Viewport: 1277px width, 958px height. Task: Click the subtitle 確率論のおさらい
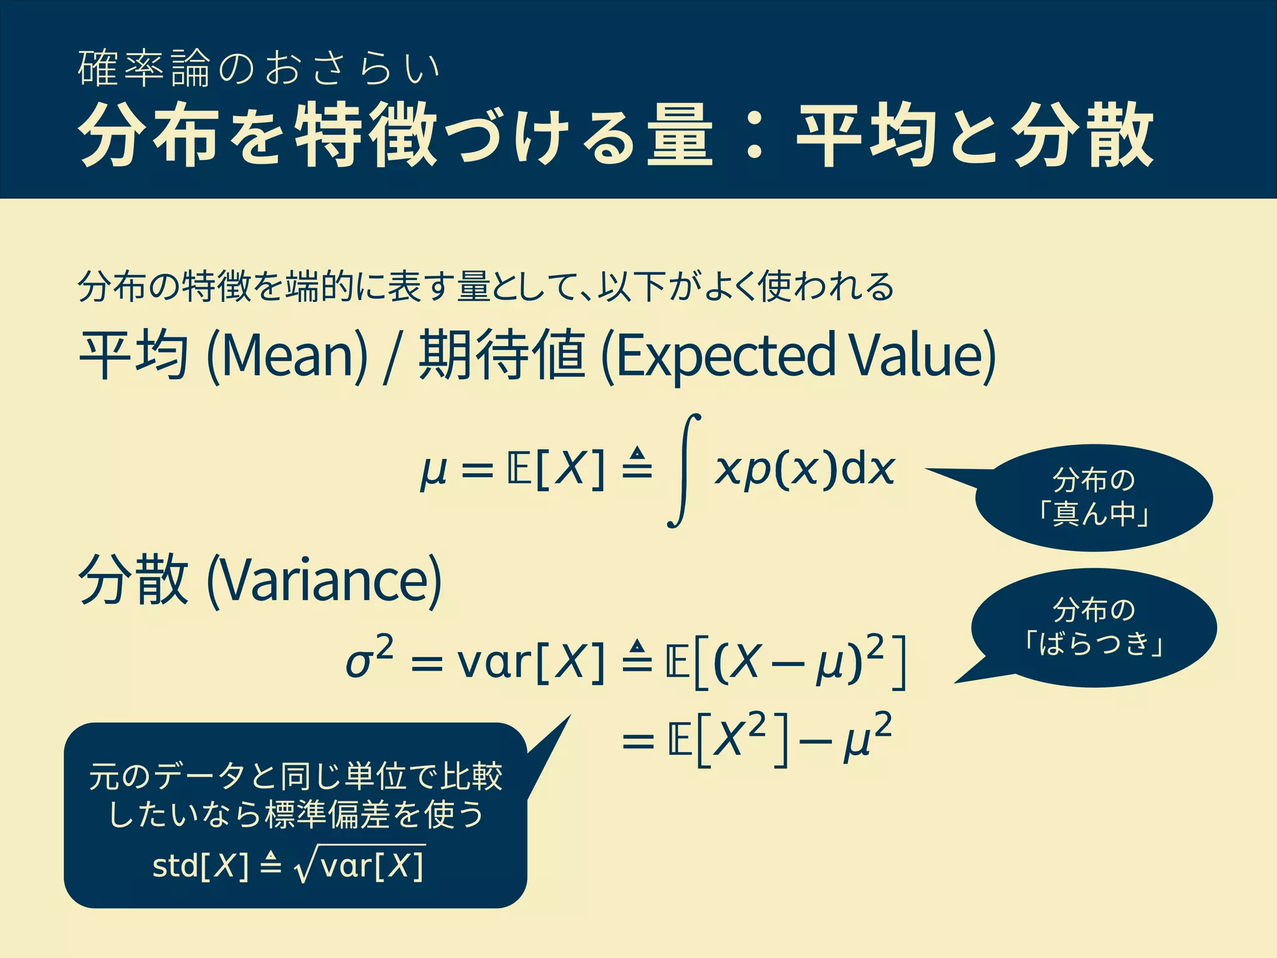(258, 68)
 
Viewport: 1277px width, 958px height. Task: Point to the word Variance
(324, 581)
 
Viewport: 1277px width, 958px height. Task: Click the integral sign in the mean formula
(684, 471)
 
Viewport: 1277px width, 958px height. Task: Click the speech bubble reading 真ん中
(1094, 498)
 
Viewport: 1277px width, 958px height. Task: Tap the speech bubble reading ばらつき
(1094, 627)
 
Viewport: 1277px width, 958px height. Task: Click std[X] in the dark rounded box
(200, 866)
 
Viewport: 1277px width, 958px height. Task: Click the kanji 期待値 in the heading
(502, 356)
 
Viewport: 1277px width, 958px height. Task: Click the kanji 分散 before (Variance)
(133, 579)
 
